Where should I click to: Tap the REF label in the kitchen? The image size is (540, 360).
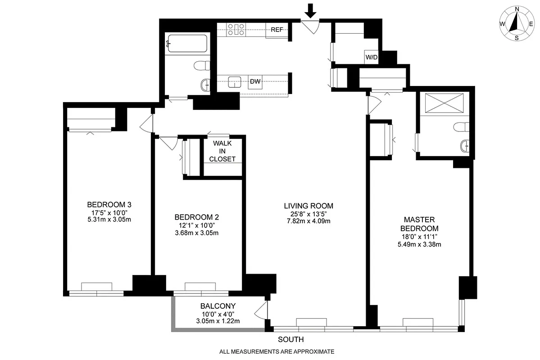[x=277, y=30]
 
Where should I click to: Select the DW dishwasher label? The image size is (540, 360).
[x=255, y=82]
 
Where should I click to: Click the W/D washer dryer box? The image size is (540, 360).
[x=371, y=57]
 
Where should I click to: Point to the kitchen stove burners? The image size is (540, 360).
[x=236, y=30]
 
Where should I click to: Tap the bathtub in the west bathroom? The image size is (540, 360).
[x=186, y=45]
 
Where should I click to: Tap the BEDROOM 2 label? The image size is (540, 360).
[x=196, y=217]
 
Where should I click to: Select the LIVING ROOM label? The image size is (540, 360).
[x=309, y=206]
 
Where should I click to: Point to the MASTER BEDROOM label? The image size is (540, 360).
[x=419, y=224]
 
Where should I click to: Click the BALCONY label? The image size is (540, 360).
[x=218, y=306]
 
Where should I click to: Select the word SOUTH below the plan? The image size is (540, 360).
[x=290, y=339]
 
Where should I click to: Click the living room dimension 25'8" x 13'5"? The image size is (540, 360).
[x=309, y=214]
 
